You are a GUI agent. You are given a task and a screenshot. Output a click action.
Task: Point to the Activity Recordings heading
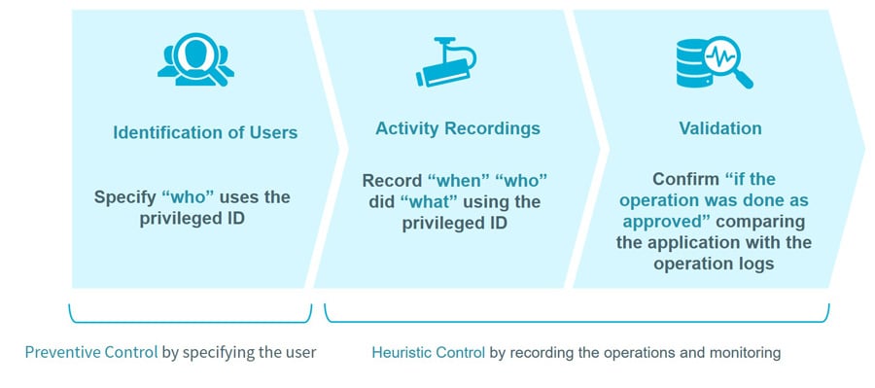pos(457,128)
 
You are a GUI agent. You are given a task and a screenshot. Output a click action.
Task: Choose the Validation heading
pos(719,128)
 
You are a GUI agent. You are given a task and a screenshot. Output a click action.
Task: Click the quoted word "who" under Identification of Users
pos(192,197)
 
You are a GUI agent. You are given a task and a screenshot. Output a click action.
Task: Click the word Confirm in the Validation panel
pos(685,180)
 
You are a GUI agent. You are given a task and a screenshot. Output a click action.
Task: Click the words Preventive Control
pos(90,352)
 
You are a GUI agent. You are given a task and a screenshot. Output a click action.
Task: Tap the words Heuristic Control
pos(428,352)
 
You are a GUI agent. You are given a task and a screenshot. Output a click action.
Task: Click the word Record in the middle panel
pos(392,181)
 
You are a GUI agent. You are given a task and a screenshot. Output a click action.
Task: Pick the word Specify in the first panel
pos(125,197)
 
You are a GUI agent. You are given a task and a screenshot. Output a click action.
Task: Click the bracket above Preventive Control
pos(191,318)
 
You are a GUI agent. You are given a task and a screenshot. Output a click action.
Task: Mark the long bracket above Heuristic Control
pos(577,318)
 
